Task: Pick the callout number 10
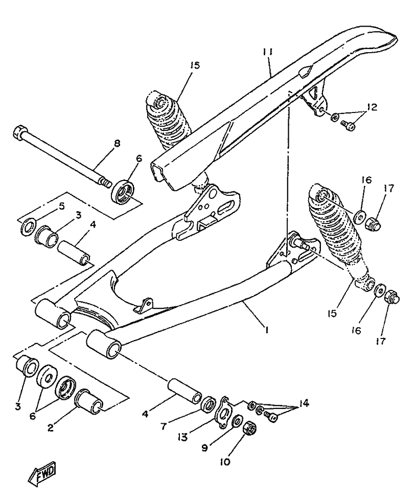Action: [x=225, y=461]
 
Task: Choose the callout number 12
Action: [x=372, y=107]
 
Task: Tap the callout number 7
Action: [x=163, y=425]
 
